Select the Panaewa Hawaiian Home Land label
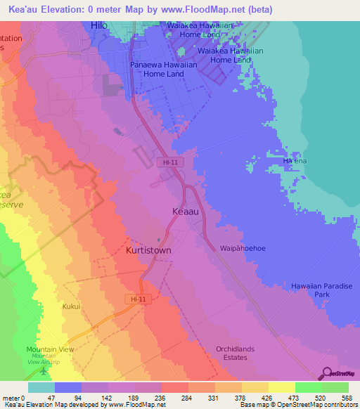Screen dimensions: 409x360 coord(157,69)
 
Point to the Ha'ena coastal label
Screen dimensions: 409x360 coord(295,161)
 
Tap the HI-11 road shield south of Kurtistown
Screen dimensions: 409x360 coord(139,299)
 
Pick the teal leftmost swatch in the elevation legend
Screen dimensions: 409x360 coord(41,387)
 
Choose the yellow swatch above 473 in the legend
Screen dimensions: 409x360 coord(281,387)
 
